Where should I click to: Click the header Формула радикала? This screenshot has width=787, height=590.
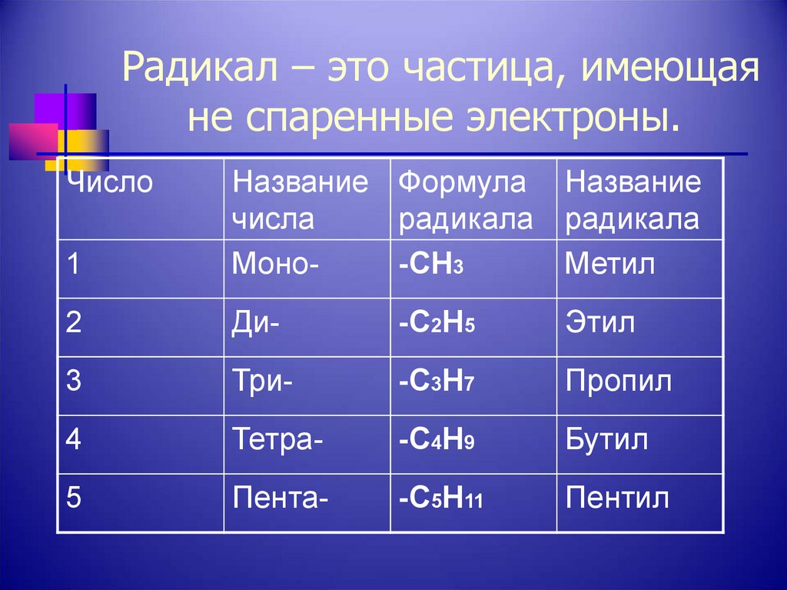(x=465, y=202)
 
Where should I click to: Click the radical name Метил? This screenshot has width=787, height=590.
(x=610, y=265)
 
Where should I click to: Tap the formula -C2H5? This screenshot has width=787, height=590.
(x=437, y=322)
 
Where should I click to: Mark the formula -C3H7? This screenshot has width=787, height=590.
(x=437, y=382)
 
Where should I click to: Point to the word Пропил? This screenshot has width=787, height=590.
(x=619, y=381)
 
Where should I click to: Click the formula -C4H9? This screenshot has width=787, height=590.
(x=437, y=440)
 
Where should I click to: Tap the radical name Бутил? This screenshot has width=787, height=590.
(x=606, y=439)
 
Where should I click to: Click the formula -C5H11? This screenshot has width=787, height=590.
(x=440, y=498)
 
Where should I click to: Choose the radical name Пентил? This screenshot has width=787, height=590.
(x=617, y=498)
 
